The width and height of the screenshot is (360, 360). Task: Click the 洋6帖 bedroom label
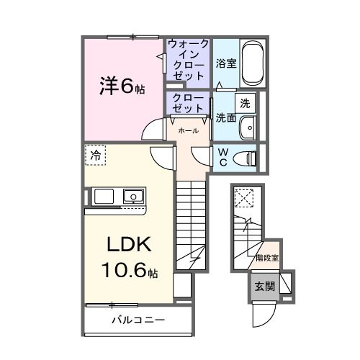point(122,87)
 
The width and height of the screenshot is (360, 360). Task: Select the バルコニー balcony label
point(138,319)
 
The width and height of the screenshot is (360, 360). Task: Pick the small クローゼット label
point(187,103)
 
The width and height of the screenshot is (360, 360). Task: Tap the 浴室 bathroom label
point(226,63)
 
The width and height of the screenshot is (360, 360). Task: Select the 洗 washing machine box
point(245,102)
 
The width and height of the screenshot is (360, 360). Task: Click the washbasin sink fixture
point(248,127)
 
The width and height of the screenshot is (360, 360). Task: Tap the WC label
point(222,156)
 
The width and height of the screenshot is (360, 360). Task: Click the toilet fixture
point(247,156)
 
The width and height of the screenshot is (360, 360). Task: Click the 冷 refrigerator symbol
point(95,154)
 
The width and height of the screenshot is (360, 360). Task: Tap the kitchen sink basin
point(133,196)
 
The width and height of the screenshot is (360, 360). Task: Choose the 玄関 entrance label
point(264,285)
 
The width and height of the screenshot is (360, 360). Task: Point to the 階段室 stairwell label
point(267,256)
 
